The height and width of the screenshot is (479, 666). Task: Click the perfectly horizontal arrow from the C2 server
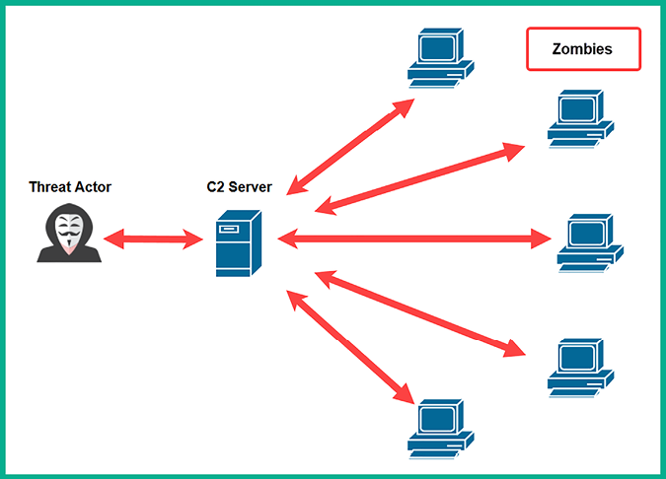(x=414, y=238)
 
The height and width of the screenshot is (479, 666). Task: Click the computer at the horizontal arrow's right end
(x=590, y=242)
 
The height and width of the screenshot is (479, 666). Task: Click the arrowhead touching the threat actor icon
(x=111, y=238)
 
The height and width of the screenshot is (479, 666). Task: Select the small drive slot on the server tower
(x=228, y=230)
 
